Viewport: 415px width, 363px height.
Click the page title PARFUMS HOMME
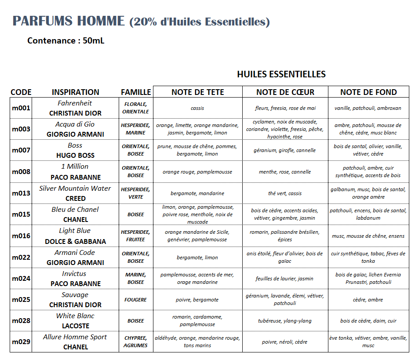(69, 21)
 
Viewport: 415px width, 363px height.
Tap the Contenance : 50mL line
(66, 41)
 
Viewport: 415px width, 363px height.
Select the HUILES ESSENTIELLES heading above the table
(281, 74)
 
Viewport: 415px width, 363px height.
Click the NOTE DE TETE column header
(198, 92)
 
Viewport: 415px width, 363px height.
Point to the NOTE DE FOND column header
(368, 92)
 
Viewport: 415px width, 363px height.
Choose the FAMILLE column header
(136, 92)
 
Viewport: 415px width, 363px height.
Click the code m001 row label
(21, 108)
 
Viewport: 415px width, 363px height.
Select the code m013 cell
(21, 193)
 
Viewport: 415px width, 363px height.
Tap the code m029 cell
(21, 342)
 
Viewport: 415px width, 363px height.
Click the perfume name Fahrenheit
(75, 103)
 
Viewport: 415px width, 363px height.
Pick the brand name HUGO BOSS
(75, 156)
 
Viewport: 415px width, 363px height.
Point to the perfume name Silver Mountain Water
(75, 189)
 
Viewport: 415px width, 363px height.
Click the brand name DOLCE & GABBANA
(75, 242)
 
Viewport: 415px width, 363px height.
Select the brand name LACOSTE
(75, 326)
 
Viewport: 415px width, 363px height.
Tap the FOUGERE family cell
(136, 300)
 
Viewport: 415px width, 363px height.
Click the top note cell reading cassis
(197, 108)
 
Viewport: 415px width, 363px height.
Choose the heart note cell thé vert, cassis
(285, 193)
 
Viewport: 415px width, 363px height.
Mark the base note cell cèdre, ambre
(368, 300)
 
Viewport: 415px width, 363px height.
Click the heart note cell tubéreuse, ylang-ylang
(285, 321)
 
